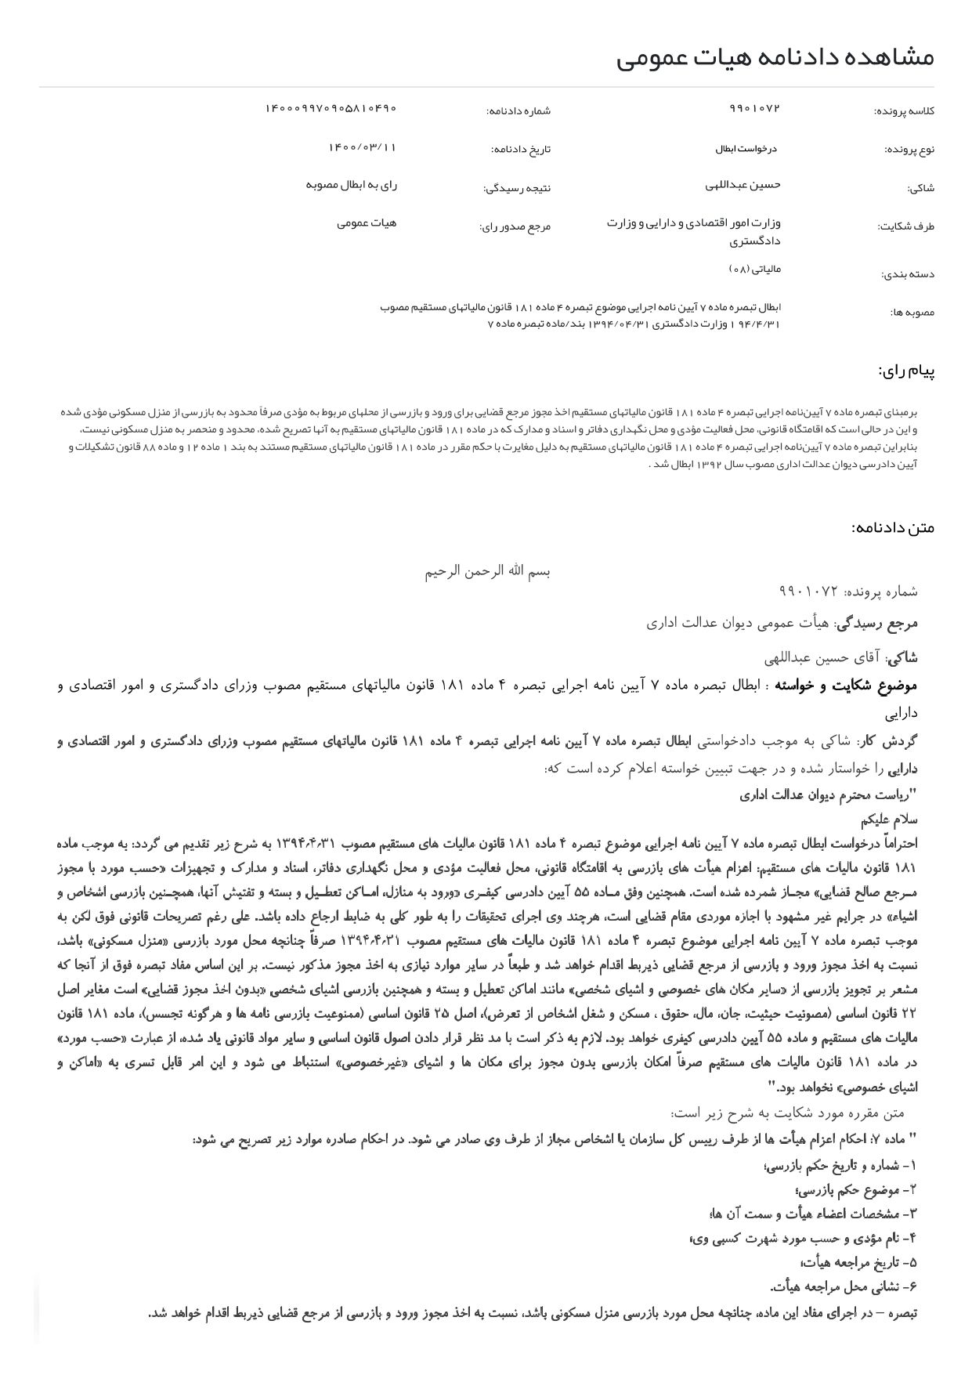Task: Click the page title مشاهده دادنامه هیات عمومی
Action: point(775,57)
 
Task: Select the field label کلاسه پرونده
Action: point(904,111)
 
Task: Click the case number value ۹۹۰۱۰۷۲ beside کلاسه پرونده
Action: point(755,108)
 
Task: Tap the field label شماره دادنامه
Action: point(518,111)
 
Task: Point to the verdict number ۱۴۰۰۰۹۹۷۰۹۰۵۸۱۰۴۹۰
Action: point(331,108)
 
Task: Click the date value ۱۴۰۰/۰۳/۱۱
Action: point(362,147)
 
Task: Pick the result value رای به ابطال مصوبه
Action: point(351,185)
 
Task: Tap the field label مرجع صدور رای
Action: point(515,227)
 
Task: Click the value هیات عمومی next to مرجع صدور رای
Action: point(367,223)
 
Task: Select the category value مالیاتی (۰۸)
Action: point(755,269)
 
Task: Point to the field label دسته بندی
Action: point(908,274)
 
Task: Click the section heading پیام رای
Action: point(905,371)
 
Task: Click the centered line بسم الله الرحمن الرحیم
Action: point(487,571)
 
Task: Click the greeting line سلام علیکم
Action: point(888,820)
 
